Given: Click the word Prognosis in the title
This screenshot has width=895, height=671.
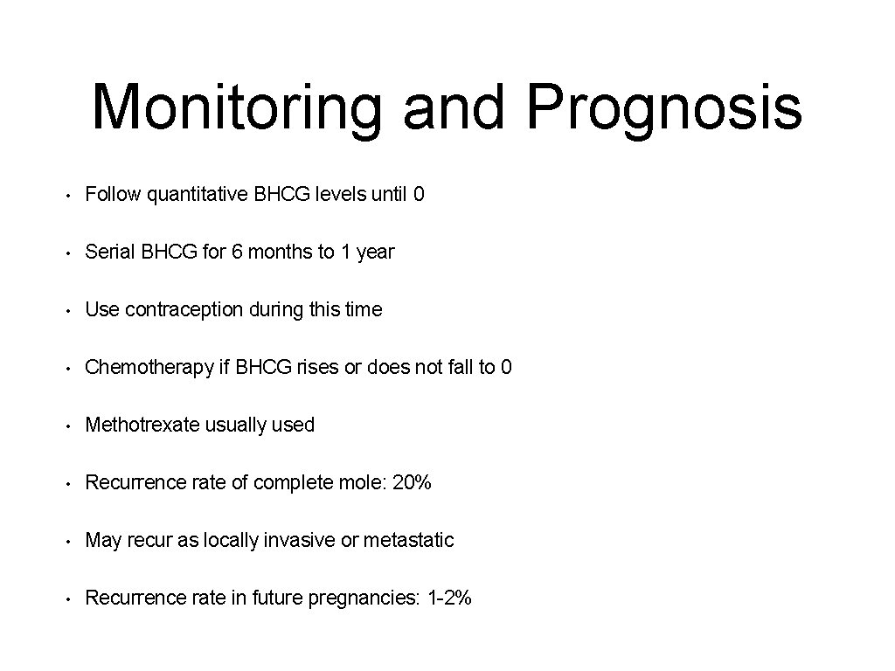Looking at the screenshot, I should [x=664, y=108].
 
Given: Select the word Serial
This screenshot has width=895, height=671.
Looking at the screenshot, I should [x=108, y=252].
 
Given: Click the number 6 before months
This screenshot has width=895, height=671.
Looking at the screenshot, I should [x=237, y=252].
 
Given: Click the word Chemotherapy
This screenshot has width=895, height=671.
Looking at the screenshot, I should [x=149, y=367].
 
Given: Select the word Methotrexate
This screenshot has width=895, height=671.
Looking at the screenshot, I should [x=143, y=425].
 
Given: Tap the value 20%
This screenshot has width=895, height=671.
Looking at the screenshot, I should [x=412, y=482].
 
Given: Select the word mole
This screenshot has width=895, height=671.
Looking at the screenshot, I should [x=364, y=482].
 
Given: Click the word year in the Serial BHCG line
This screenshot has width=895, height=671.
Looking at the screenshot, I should [x=376, y=252].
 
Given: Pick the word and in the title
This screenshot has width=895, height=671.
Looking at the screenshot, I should [x=454, y=108].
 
